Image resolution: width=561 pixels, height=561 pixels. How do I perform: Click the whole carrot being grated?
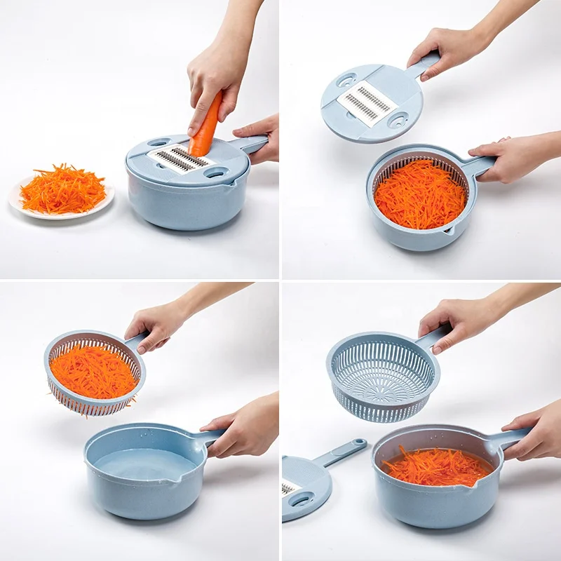[x=206, y=126]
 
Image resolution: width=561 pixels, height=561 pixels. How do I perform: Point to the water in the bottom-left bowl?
[x=144, y=466]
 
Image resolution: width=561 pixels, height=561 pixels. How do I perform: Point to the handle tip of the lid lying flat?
[x=358, y=444]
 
